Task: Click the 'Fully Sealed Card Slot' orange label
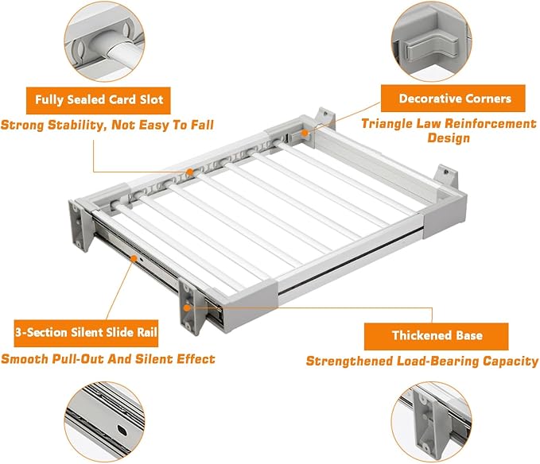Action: pos(99,100)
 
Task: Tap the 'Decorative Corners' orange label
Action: pos(453,99)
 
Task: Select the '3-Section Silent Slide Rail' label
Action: pos(86,333)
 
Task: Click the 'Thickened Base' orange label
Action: pos(437,336)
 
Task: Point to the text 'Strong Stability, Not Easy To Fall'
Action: pos(107,125)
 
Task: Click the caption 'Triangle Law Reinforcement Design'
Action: pos(449,131)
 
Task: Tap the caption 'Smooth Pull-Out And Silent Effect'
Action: pos(108,359)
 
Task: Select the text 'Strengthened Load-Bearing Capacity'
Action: pos(422,362)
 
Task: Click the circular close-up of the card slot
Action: pos(105,41)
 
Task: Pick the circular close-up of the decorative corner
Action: pos(432,41)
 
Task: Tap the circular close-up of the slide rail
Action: pos(105,422)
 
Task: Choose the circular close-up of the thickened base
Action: pos(432,422)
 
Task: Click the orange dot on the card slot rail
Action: pos(190,172)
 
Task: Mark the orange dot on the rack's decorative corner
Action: pos(305,133)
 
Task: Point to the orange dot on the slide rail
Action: pos(134,257)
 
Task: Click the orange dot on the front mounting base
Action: pos(187,307)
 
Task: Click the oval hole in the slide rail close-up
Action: pos(122,430)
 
